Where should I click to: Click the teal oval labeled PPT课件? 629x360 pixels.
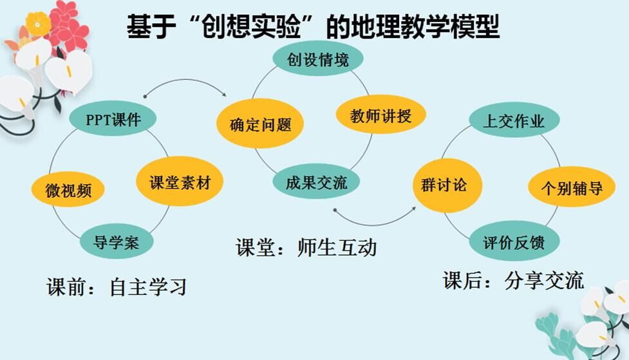click(113, 119)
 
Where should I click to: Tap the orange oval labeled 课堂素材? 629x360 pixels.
click(180, 182)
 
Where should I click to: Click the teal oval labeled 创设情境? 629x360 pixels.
click(318, 60)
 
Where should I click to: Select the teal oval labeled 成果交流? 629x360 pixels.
click(316, 182)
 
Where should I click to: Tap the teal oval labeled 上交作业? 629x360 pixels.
click(513, 121)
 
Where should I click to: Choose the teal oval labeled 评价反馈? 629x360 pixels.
click(514, 243)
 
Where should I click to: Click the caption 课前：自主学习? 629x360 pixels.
click(116, 286)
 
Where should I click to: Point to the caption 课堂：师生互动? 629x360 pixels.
click(306, 247)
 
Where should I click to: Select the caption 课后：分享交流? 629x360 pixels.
click(513, 281)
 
